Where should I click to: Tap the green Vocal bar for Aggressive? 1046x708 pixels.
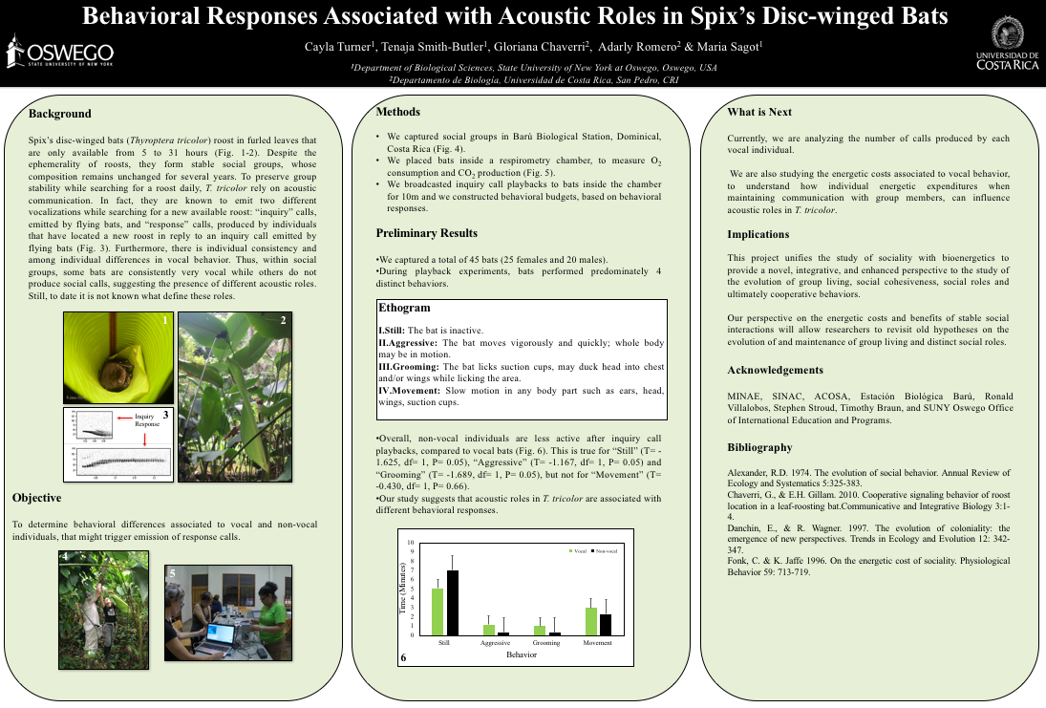(x=489, y=630)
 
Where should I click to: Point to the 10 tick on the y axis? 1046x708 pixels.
(x=412, y=543)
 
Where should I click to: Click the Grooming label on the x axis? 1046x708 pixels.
(x=546, y=643)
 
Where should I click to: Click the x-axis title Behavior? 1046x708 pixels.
(x=521, y=654)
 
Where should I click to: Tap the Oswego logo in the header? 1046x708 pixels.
(x=59, y=53)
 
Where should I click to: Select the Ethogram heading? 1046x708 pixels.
(x=405, y=309)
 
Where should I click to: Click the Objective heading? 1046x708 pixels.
(x=36, y=498)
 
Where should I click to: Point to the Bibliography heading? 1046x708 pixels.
(x=759, y=447)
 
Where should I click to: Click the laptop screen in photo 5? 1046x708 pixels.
(x=220, y=634)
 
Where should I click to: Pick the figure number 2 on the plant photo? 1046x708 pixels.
(x=283, y=321)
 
